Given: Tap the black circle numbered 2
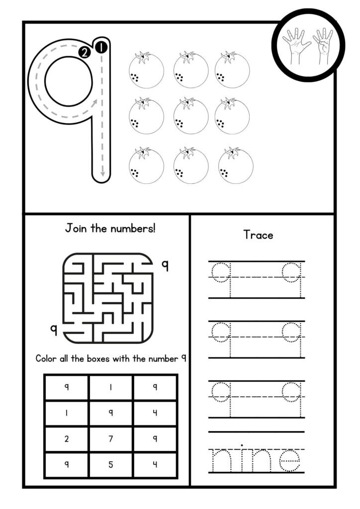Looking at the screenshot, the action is [85, 53].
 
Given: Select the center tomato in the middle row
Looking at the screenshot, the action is [191, 116].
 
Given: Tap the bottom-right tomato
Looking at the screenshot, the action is [236, 166].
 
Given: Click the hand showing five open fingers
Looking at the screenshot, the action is [295, 45].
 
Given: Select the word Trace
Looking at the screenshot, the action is [259, 235].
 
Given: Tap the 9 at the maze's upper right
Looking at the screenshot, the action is [165, 266].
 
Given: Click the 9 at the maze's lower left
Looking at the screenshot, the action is [54, 330].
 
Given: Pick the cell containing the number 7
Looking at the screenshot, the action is [111, 439].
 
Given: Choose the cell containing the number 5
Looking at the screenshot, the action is [111, 465].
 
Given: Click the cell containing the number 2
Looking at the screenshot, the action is [67, 439].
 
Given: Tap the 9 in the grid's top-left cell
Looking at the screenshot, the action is [67, 387].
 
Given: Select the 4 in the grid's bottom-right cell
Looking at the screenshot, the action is [155, 464].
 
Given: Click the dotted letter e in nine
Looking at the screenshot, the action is [289, 460].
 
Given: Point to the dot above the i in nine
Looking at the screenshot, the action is [242, 445].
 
